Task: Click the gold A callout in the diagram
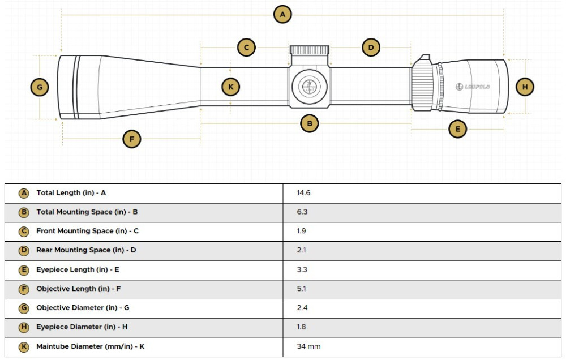tap(282, 14)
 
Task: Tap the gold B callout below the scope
tap(309, 123)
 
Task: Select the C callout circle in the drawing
tap(246, 48)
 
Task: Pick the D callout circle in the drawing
tap(371, 48)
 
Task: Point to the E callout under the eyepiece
tap(458, 129)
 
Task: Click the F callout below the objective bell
tap(132, 139)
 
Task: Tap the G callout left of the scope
tap(39, 87)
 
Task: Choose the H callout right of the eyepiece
tap(525, 87)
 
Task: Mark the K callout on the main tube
tap(230, 87)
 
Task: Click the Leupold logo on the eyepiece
tap(473, 87)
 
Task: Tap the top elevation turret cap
tap(310, 50)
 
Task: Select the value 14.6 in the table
tap(303, 193)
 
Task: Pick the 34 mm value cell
tap(308, 346)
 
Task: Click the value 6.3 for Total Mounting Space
tap(302, 212)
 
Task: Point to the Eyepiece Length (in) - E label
tap(78, 269)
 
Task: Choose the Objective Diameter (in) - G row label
tap(83, 308)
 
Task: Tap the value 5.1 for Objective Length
tap(301, 289)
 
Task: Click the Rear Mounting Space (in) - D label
tap(86, 250)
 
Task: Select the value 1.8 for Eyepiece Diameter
tap(301, 327)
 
